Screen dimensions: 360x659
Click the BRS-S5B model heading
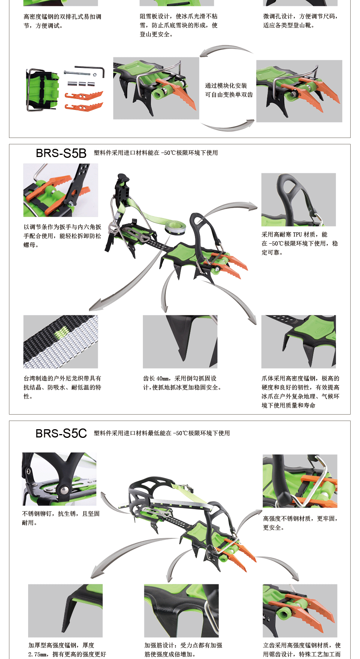point(61,153)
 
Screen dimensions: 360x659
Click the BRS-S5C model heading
point(61,433)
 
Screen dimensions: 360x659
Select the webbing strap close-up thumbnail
point(61,341)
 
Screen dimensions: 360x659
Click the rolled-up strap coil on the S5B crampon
point(175,226)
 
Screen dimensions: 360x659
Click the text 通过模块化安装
point(226,86)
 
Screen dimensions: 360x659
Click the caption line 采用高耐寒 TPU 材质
point(294,235)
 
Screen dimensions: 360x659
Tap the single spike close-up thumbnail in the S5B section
point(180,341)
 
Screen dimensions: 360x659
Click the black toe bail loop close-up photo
point(298,199)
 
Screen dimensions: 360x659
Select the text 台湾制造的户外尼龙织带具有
point(62,379)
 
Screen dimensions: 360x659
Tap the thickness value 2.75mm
point(37,655)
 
